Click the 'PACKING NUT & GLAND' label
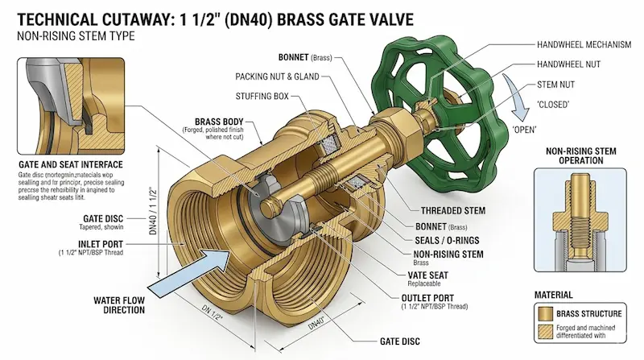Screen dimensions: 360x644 click(278, 77)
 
